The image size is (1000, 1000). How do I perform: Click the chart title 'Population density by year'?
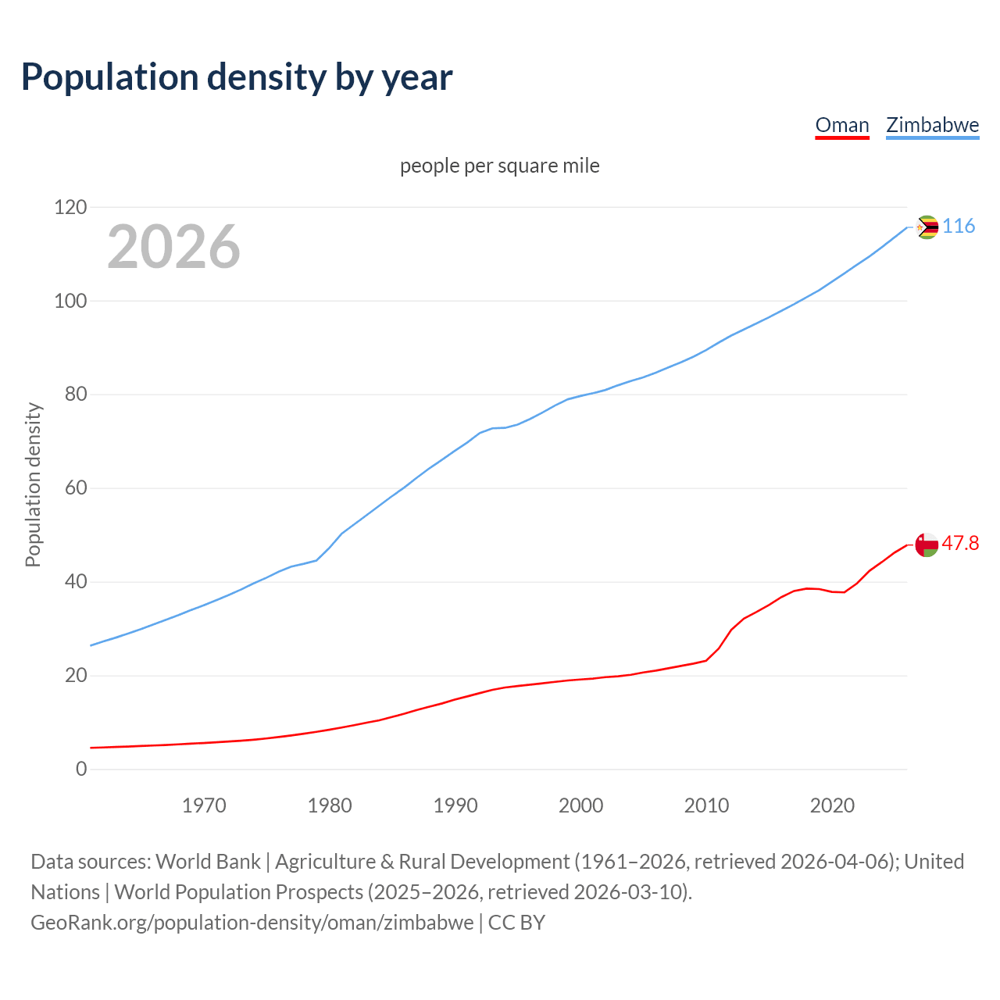click(x=237, y=77)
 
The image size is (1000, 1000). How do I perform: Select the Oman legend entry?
click(x=841, y=125)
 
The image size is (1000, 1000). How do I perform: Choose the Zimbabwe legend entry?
click(x=932, y=125)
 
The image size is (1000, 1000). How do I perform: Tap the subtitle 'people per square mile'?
click(x=499, y=166)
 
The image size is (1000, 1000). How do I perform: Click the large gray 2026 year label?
click(x=173, y=247)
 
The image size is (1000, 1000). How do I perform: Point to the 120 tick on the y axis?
click(x=70, y=208)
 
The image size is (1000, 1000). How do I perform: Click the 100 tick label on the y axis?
click(x=70, y=302)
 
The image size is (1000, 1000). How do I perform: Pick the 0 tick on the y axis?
click(x=81, y=769)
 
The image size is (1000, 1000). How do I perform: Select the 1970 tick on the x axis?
click(x=204, y=805)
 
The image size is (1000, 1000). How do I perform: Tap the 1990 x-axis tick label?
click(x=455, y=805)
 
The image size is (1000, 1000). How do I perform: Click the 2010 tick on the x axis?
click(x=706, y=805)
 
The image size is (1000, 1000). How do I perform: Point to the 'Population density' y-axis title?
click(x=33, y=484)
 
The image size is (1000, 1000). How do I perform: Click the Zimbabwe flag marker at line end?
click(x=927, y=227)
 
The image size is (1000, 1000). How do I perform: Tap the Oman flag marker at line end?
click(x=927, y=545)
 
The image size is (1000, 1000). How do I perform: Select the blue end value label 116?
click(x=959, y=227)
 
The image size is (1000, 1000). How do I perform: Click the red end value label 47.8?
click(x=960, y=544)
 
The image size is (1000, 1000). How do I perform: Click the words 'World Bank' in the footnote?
click(x=208, y=862)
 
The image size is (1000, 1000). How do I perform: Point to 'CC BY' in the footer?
click(x=516, y=923)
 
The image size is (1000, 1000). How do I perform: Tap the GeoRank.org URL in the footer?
click(x=252, y=923)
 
